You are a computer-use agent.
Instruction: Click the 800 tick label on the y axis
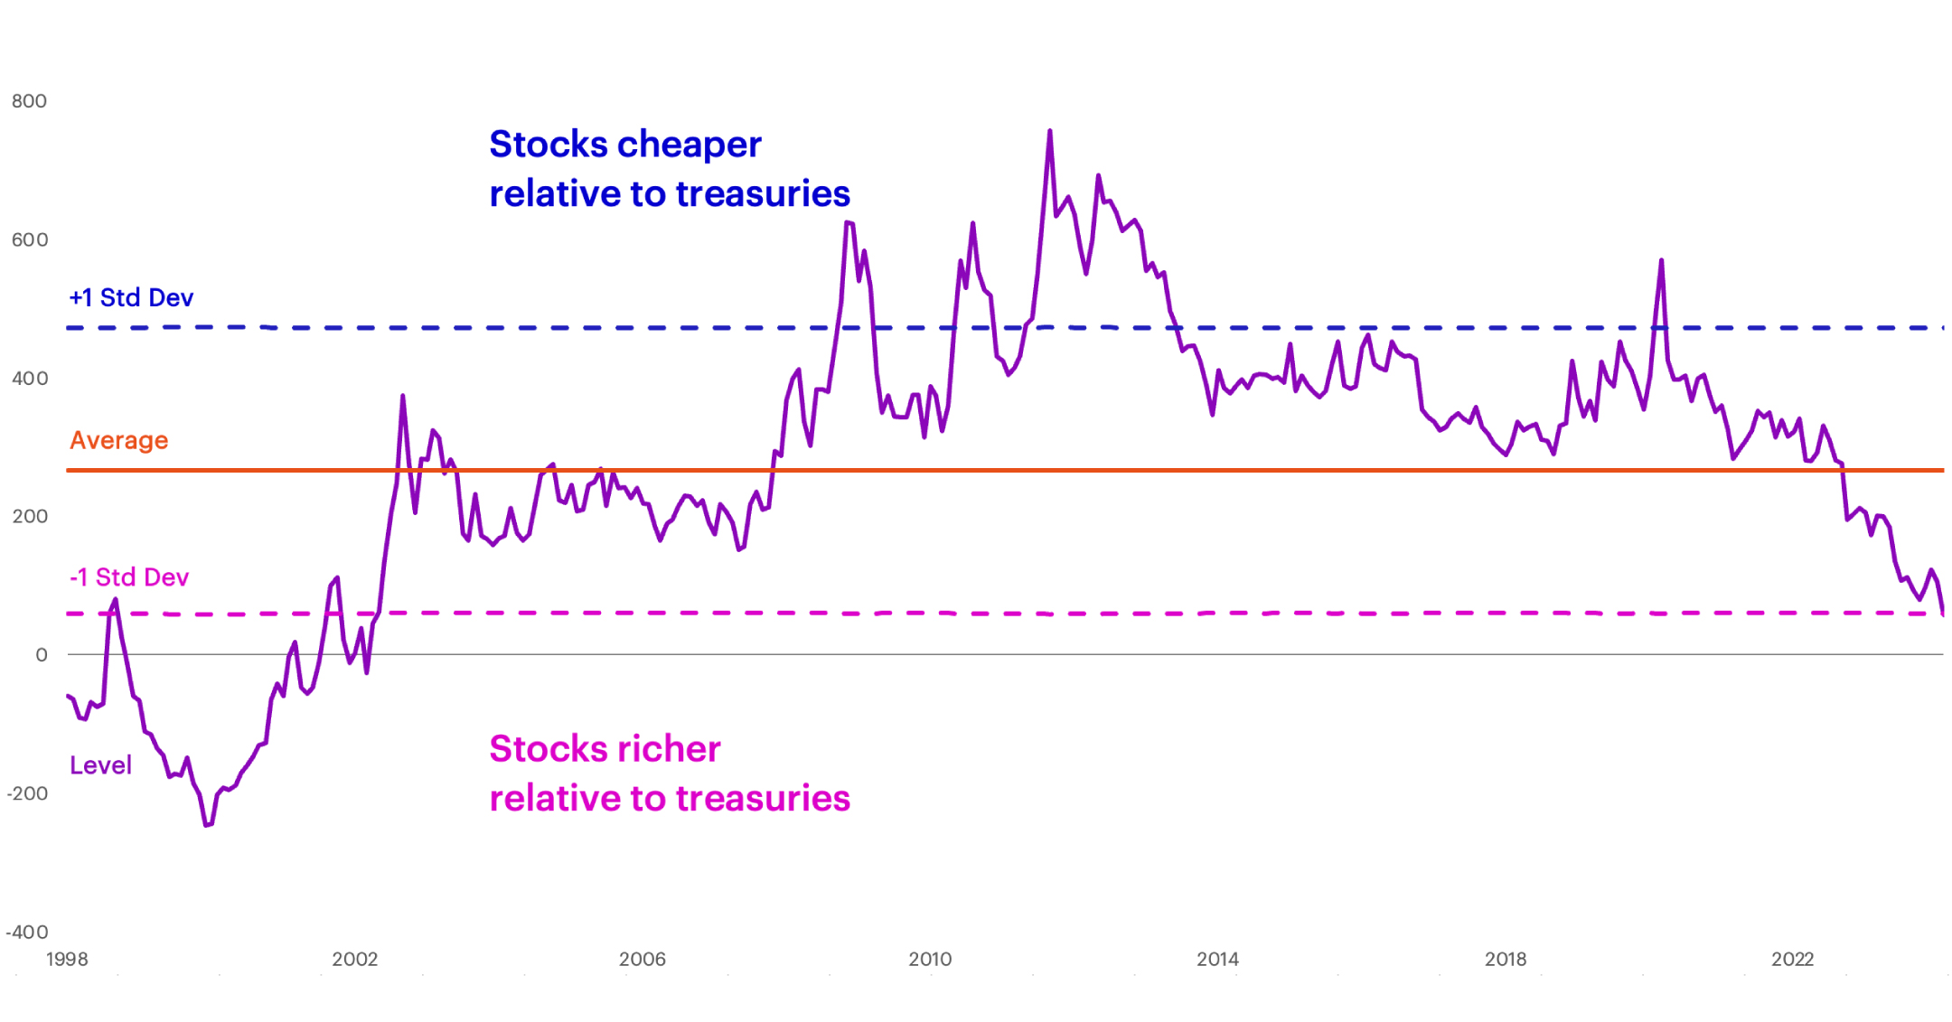click(29, 101)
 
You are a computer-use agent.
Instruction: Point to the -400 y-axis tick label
click(27, 932)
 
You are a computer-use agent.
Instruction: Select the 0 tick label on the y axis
click(41, 655)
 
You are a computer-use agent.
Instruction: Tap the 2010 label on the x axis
click(930, 959)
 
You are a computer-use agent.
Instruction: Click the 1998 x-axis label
click(67, 959)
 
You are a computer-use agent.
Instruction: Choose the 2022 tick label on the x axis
click(1792, 959)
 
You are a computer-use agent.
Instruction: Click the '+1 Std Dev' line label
click(131, 297)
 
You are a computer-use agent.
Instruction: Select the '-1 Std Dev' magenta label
click(129, 577)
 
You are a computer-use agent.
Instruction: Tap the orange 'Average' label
click(118, 440)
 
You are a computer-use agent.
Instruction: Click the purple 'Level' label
click(100, 765)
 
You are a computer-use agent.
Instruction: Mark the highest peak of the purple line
click(1049, 131)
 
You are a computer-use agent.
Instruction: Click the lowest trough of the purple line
click(207, 824)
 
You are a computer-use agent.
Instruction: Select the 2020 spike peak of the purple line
click(1661, 261)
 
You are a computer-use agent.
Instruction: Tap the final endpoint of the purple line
click(1943, 614)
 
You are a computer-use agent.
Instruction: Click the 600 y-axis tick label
click(29, 239)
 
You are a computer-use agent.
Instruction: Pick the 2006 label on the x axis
click(642, 959)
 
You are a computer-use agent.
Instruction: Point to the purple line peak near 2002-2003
click(402, 396)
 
